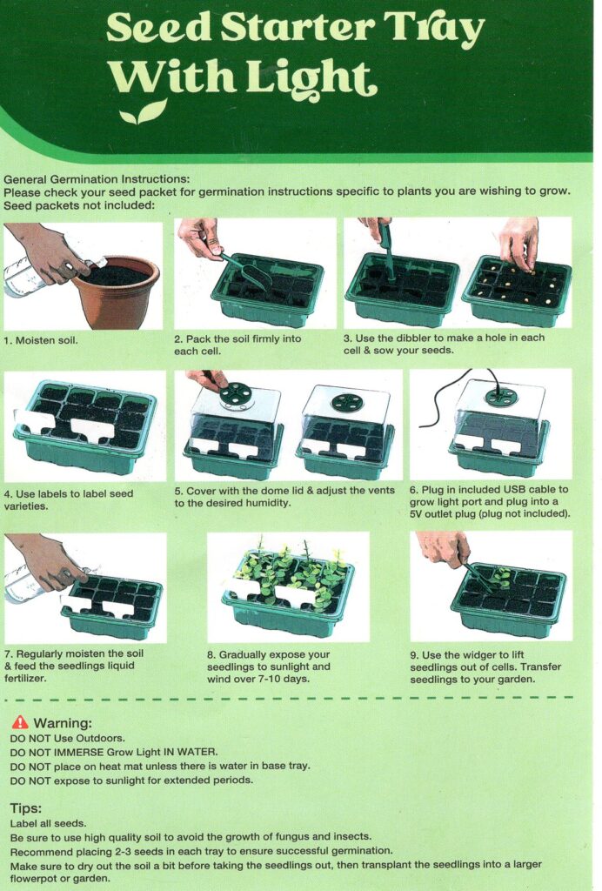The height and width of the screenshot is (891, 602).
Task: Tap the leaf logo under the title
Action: coord(144,112)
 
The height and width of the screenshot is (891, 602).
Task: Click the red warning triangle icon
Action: coord(20,722)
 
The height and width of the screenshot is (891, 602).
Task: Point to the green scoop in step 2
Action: coord(247,271)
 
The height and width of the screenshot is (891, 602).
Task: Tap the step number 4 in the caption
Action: coord(7,494)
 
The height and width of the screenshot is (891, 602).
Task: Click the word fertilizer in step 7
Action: coord(25,678)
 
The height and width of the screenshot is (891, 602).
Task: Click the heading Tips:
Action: coord(25,808)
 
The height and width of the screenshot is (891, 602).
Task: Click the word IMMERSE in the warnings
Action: coord(79,753)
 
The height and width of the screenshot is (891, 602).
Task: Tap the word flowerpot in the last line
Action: coord(32,879)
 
